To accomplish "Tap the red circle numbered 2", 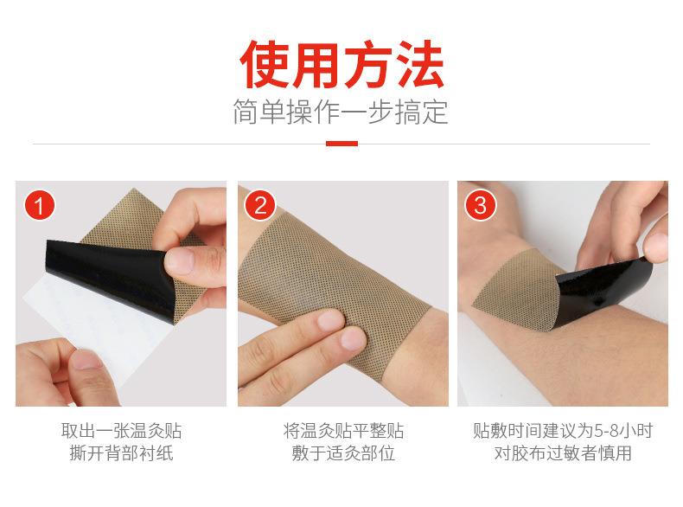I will point(260,207).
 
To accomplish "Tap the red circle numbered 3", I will point(481,207).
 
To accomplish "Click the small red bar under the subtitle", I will point(341,144).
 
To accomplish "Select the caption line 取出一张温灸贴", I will point(121,431).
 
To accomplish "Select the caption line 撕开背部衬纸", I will point(121,453).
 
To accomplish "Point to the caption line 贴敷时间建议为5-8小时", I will point(563,431).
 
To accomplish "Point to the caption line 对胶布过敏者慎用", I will point(563,453).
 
